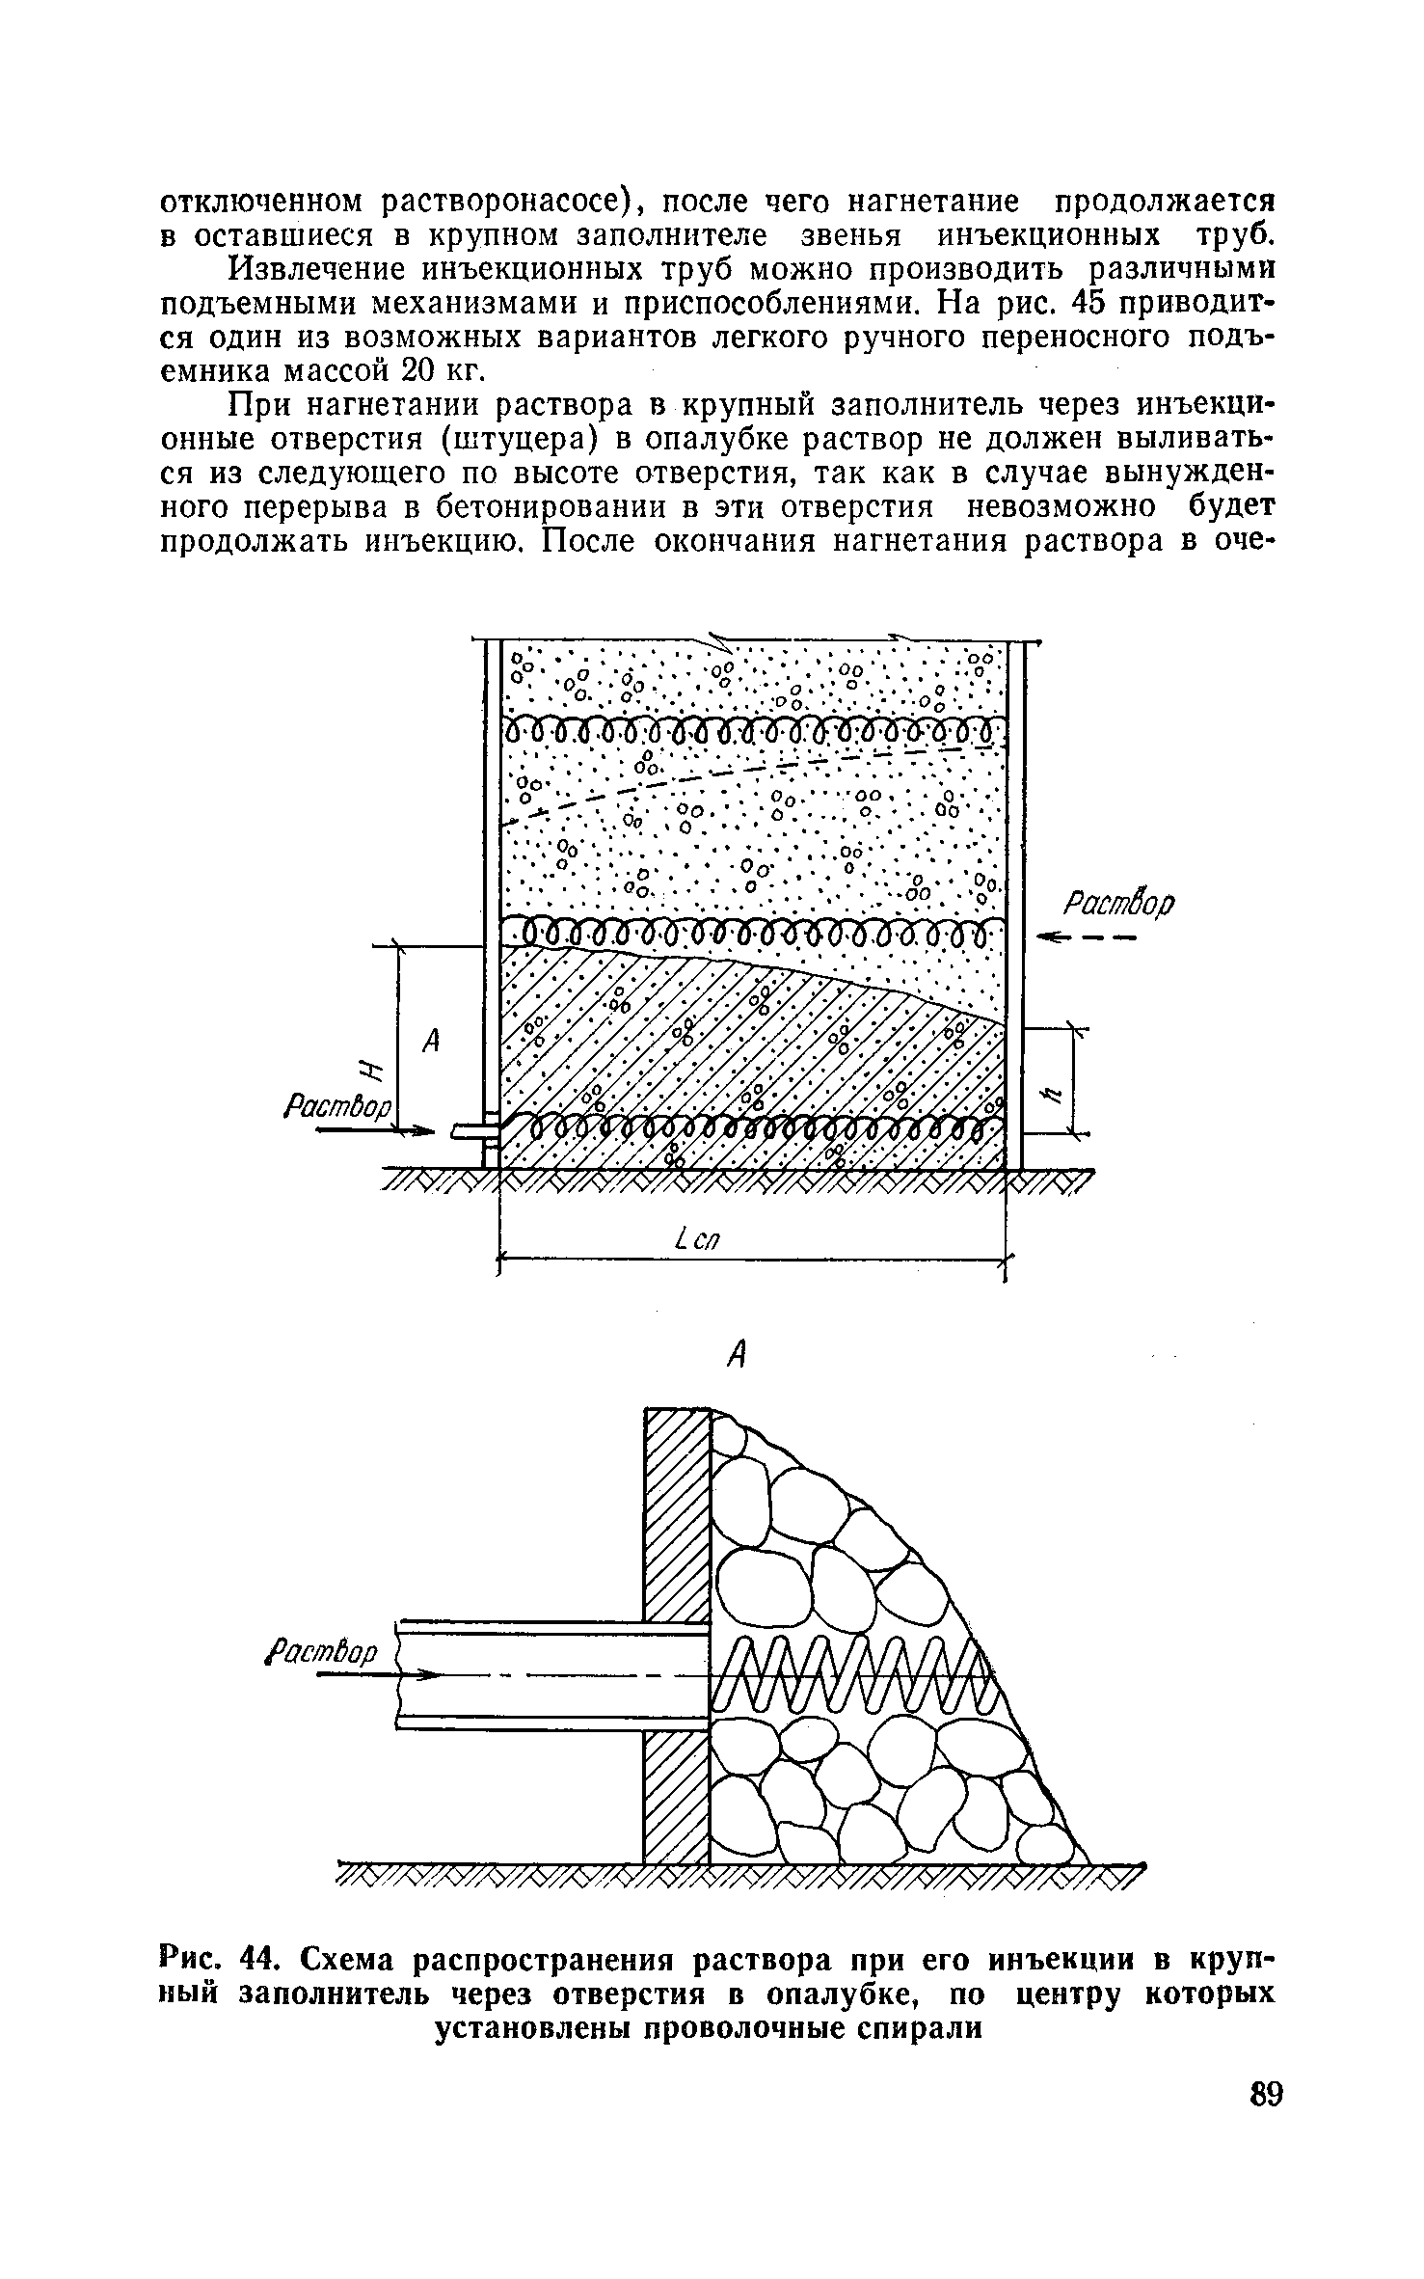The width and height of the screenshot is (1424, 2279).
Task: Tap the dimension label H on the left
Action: (365, 1070)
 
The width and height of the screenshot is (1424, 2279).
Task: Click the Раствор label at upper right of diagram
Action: (1118, 904)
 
